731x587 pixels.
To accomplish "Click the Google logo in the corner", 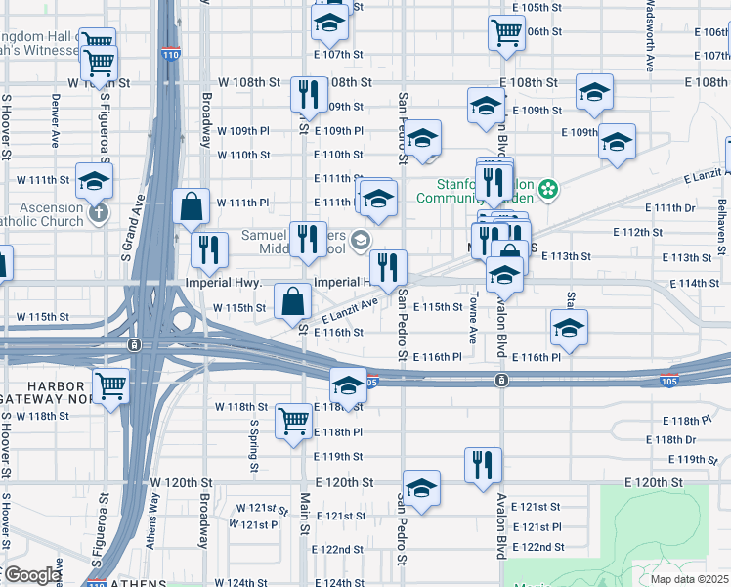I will [31, 575].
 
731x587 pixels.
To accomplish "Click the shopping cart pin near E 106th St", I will [505, 31].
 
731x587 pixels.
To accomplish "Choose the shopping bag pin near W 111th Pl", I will [191, 205].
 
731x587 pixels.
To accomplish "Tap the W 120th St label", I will [181, 483].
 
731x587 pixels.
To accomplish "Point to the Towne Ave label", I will [473, 319].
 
